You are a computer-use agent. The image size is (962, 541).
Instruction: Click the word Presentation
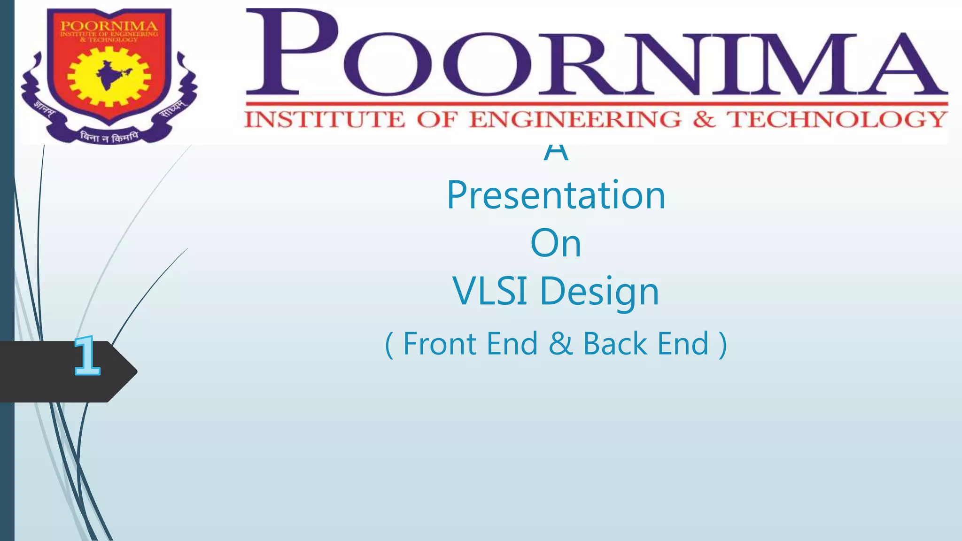556,195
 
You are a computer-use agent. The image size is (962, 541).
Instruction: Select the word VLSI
489,291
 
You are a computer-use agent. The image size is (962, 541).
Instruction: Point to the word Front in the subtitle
440,344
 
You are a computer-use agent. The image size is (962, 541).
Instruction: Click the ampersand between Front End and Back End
560,344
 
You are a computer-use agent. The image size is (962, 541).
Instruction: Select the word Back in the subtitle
615,344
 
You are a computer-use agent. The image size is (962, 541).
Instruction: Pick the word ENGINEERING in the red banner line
575,120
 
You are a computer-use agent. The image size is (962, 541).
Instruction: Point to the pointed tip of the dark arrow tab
136,371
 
